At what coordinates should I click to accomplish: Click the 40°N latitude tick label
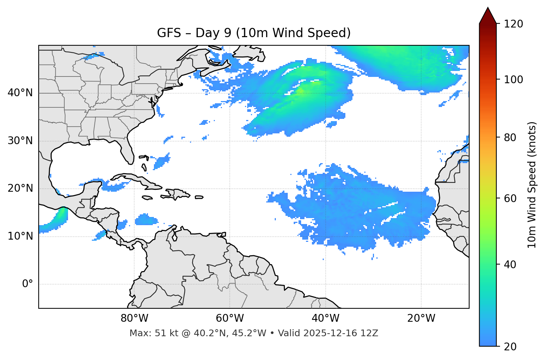20,93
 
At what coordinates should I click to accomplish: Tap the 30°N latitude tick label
20,141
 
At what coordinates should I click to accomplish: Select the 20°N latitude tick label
20,188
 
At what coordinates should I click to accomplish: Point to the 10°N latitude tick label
20,236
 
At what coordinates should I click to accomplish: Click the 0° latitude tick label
28,284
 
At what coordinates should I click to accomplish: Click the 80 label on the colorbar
512,137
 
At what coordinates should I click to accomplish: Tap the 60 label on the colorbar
512,198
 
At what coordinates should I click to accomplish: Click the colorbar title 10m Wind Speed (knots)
532,185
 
